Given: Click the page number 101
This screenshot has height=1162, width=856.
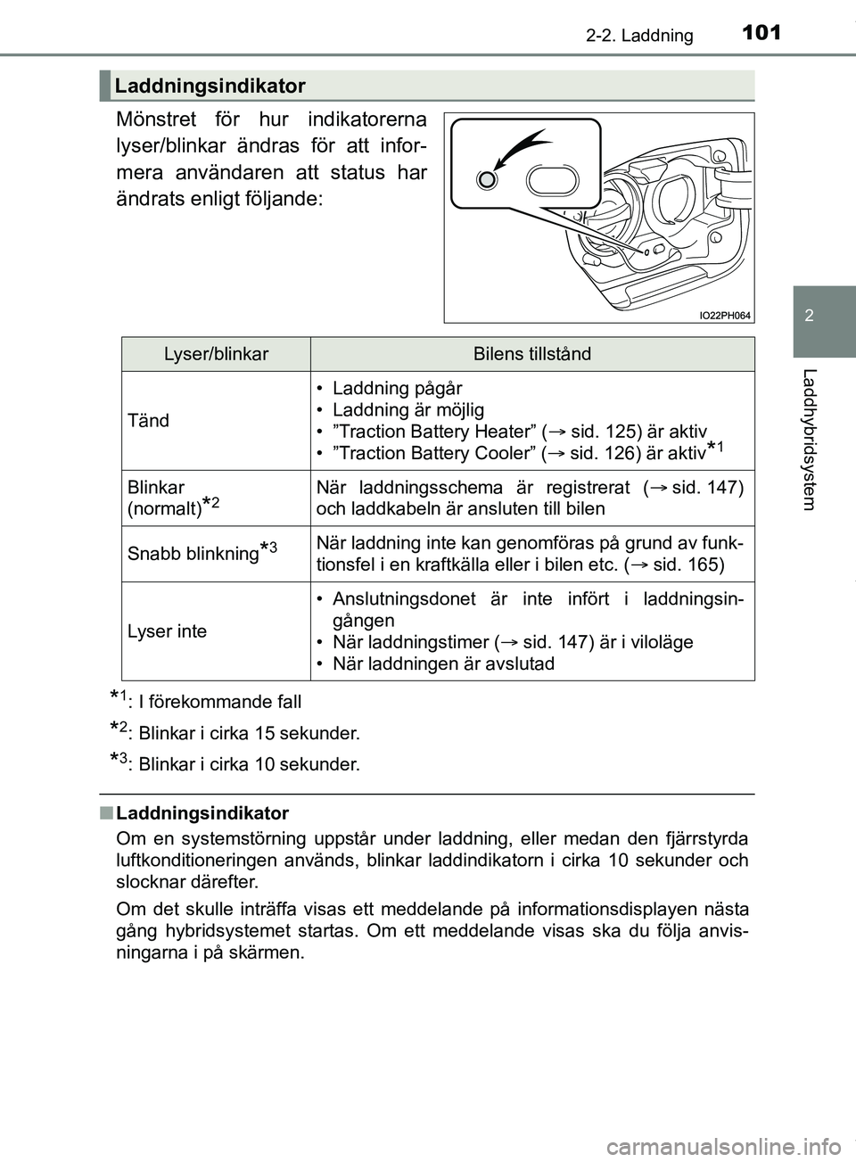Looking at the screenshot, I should [760, 33].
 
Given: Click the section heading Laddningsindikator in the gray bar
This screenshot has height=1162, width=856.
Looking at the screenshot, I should [210, 86].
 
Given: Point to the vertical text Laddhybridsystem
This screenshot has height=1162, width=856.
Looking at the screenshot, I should [809, 438].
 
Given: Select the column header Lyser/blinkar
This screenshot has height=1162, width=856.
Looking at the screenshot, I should [216, 354].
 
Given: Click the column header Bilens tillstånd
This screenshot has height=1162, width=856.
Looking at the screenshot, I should [531, 354].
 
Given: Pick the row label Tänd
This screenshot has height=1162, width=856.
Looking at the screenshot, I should [148, 420].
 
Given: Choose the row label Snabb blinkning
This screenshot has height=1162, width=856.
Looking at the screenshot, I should [193, 553].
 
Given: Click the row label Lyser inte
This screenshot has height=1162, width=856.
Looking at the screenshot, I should [167, 630].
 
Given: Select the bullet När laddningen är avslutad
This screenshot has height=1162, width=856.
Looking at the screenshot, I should [442, 663].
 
